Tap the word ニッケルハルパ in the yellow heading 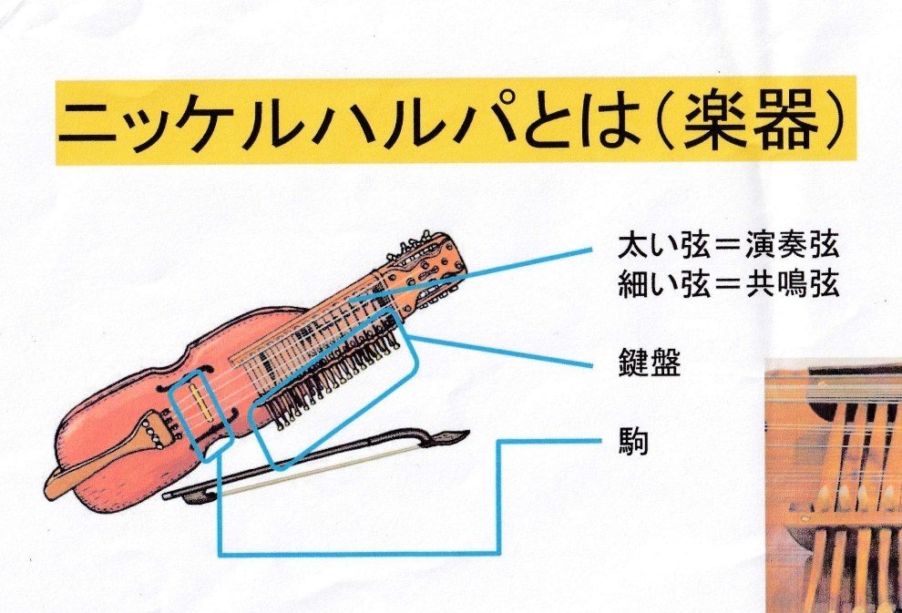click(287, 122)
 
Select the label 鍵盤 click(650, 363)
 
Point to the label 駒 click(633, 442)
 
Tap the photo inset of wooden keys click(834, 485)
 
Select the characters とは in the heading click(579, 122)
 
